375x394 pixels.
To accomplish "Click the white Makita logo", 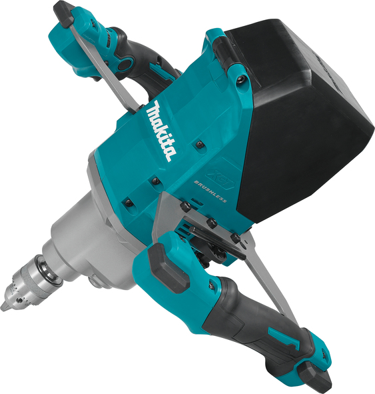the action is (161, 131).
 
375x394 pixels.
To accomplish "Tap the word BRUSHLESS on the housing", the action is (210, 191).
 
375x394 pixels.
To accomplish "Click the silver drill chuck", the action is (29, 283).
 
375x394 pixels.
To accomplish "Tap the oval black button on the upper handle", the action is (125, 65).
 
